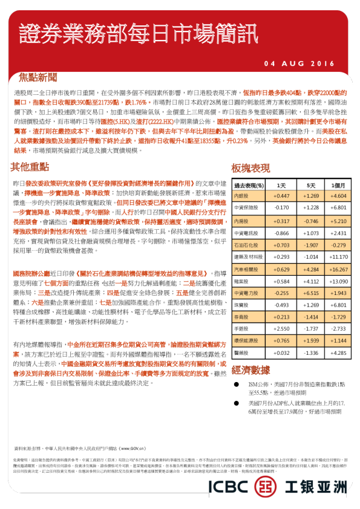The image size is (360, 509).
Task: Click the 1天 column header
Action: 281,185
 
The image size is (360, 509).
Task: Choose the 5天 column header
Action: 311,185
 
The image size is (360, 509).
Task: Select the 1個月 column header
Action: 339,185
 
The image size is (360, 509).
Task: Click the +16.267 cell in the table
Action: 339,270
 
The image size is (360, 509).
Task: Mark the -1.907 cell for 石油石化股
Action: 311,245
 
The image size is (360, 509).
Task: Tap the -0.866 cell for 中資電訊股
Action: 281,233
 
